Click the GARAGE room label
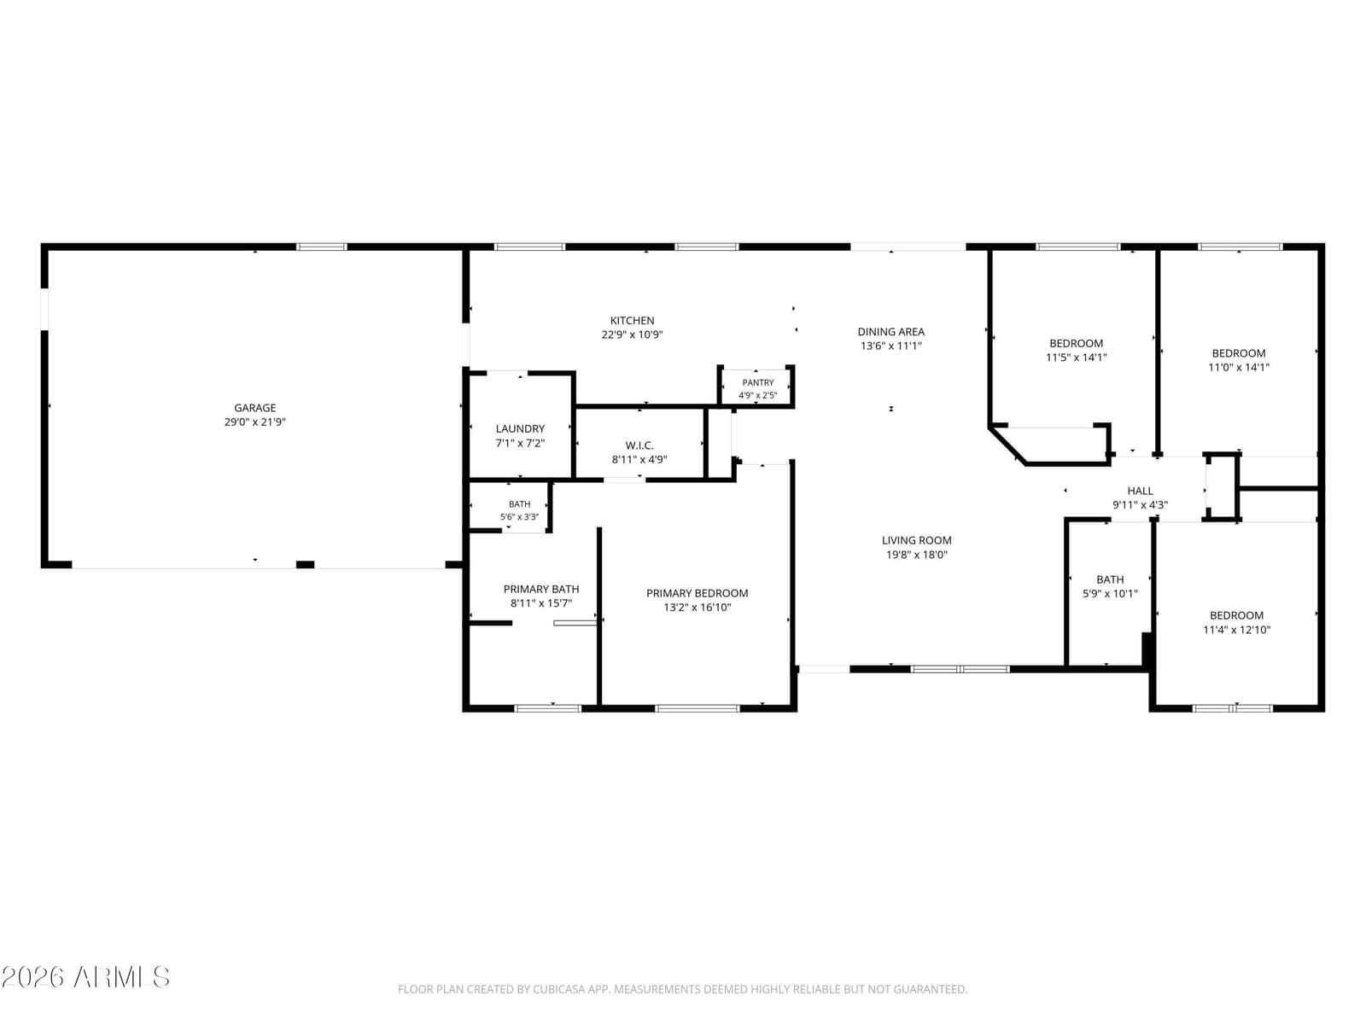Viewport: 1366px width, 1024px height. coord(254,408)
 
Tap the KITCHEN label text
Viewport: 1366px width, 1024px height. coord(632,321)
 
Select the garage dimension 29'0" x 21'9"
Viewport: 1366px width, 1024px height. coord(254,422)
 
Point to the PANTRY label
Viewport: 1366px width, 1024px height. coord(757,383)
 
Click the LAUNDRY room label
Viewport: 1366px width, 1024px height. coord(520,429)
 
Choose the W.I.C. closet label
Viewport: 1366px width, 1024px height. coord(639,445)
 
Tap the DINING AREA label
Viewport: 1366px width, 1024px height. coord(890,332)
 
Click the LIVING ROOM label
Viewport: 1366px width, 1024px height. coord(916,541)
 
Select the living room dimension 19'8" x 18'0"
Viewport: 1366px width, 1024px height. coord(916,556)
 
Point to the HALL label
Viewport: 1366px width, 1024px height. coord(1140,492)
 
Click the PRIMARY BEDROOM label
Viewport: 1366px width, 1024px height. coord(697,594)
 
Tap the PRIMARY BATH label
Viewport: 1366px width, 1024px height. coord(540,590)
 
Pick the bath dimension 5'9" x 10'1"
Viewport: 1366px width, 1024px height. coord(1110,594)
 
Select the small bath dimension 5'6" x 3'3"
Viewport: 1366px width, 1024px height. coord(519,517)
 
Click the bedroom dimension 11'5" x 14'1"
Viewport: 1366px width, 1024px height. coord(1076,358)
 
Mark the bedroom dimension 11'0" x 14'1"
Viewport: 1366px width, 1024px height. coord(1239,368)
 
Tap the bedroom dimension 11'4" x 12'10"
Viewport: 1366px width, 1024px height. coord(1236,630)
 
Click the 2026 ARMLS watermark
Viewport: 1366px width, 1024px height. coord(85,977)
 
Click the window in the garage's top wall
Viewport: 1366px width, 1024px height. coord(321,247)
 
